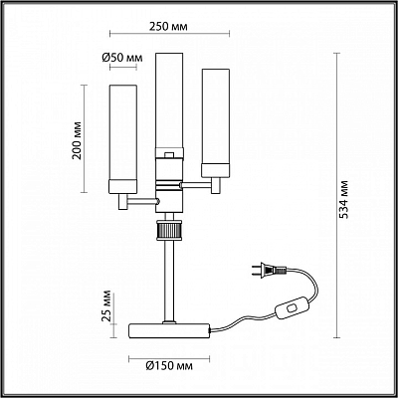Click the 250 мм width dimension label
click(168, 26)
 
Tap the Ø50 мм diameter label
click(122, 58)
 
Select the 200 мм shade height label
click(77, 140)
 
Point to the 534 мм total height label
click(344, 199)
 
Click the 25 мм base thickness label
click(106, 306)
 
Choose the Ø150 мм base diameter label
click(169, 366)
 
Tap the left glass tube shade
click(123, 138)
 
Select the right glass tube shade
click(216, 122)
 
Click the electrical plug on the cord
click(268, 270)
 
